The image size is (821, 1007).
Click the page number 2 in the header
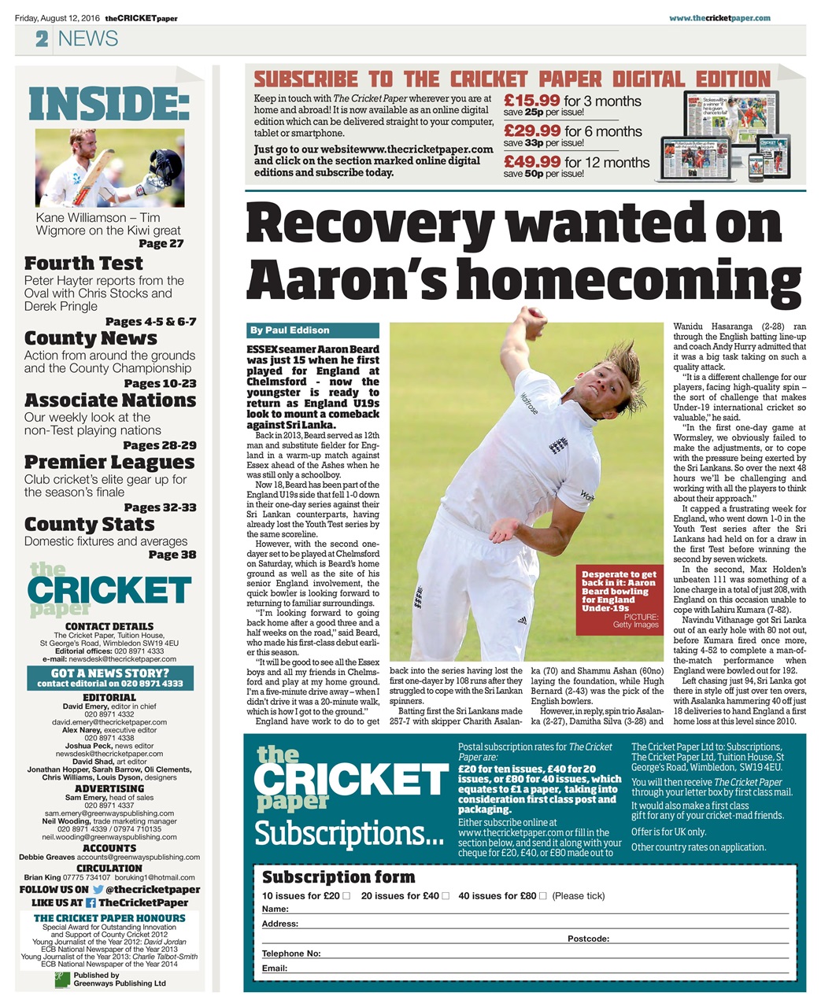(x=41, y=39)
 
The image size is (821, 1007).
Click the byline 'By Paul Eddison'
(x=289, y=330)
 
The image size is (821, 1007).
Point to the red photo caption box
(x=619, y=599)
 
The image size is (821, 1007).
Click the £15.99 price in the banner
(x=532, y=101)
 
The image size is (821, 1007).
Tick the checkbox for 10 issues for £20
(x=346, y=896)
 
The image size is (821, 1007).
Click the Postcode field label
(x=588, y=939)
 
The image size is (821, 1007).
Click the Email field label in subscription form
(x=275, y=968)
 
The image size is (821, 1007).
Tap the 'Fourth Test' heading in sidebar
(x=83, y=264)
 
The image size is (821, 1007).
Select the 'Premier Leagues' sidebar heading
(x=109, y=463)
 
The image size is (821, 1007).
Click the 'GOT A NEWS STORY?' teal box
(x=110, y=678)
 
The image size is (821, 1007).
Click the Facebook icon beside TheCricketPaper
(x=91, y=903)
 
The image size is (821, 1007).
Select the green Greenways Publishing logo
(x=62, y=979)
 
